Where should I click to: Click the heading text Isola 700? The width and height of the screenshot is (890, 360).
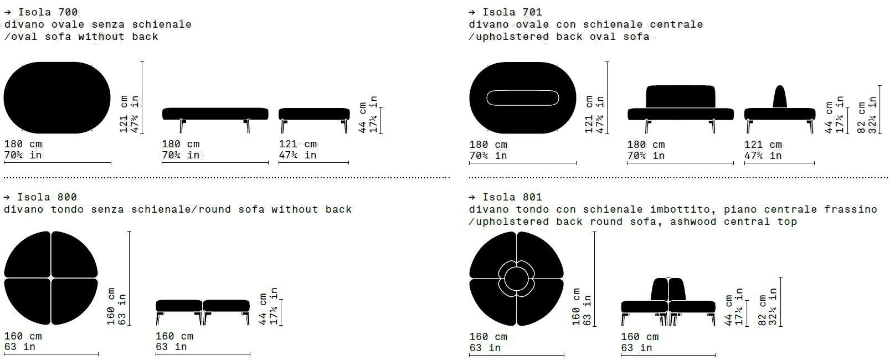click(x=48, y=12)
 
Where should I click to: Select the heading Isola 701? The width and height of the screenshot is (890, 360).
click(x=512, y=12)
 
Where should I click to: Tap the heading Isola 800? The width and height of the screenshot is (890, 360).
click(x=47, y=197)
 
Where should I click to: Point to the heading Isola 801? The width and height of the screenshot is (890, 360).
click(x=512, y=197)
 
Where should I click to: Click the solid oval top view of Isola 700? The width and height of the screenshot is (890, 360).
click(x=57, y=97)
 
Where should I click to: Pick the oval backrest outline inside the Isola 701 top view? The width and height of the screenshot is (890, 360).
click(x=522, y=98)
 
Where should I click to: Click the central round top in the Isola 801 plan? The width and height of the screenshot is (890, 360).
click(x=516, y=277)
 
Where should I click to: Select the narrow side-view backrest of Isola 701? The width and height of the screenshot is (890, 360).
click(x=779, y=97)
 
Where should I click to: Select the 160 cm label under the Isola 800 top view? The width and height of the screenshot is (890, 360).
click(x=23, y=336)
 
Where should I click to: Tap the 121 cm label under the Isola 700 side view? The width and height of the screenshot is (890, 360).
click(x=297, y=143)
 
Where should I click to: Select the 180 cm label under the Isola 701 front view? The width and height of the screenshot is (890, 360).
click(x=646, y=144)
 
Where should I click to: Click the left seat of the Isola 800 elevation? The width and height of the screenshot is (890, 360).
click(x=179, y=306)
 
